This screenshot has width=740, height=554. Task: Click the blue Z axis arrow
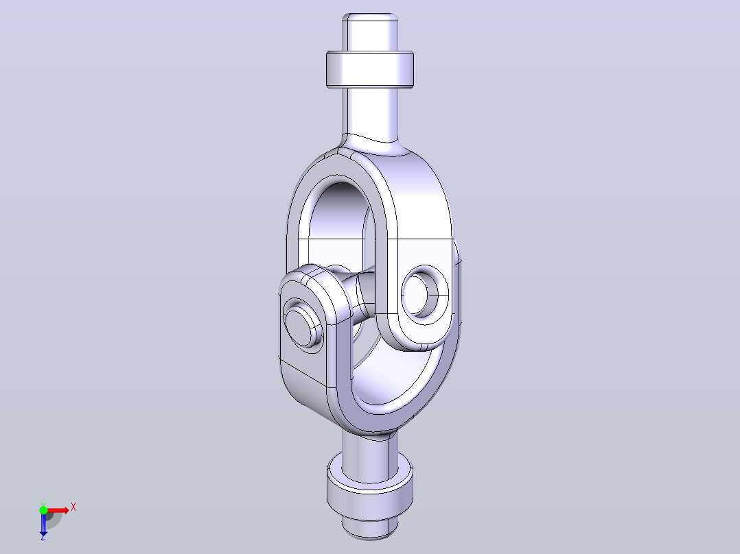tap(43, 522)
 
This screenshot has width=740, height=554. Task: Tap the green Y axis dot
tap(43, 510)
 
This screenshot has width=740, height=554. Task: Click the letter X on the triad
tap(73, 507)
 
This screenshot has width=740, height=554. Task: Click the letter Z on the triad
tap(43, 537)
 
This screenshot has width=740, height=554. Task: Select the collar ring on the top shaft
tap(370, 69)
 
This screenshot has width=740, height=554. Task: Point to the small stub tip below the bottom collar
tap(370, 527)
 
